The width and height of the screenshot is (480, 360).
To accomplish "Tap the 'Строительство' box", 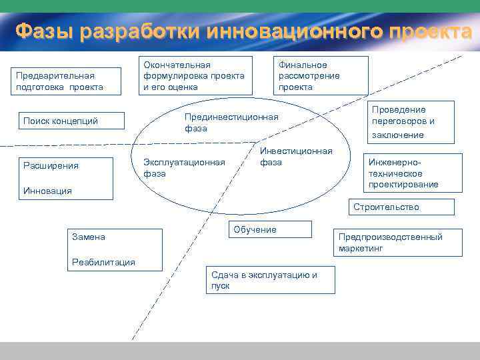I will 403,207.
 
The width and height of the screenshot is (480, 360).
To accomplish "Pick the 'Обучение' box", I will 269,229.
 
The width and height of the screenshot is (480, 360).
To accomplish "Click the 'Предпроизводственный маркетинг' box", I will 397,243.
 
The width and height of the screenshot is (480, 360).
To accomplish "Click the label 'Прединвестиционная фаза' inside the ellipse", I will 231,123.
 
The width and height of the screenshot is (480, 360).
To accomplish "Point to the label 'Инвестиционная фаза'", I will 295,157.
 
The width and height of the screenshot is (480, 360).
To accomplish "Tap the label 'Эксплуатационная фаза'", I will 184,168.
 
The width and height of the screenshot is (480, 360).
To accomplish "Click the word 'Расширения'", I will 51,165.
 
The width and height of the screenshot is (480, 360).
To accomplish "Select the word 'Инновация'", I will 47,191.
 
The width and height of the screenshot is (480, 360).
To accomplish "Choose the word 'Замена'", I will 89,237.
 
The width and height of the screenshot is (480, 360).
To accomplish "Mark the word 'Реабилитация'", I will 103,262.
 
